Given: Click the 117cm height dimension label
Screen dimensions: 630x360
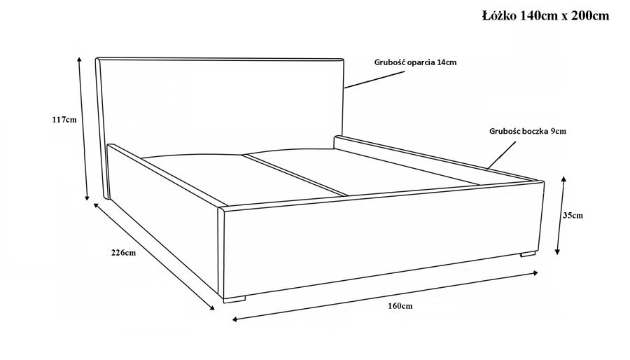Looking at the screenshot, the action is point(64,120).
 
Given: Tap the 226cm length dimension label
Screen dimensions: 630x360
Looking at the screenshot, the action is point(123,253).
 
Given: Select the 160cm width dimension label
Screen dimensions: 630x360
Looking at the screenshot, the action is point(400,306).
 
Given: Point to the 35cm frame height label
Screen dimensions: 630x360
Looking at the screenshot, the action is point(573,215).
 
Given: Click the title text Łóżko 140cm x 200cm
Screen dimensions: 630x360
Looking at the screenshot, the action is point(545,15).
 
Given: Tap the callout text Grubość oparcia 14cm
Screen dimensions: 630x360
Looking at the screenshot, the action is point(415,62).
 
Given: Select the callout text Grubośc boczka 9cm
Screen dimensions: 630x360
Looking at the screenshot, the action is point(528,131).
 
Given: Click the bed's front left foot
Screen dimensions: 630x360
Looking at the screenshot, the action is point(234,299).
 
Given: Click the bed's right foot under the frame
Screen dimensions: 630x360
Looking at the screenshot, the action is point(528,254).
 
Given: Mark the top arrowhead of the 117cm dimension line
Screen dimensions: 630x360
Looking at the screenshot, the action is point(80,59).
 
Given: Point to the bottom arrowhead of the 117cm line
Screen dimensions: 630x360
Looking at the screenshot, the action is point(87,198).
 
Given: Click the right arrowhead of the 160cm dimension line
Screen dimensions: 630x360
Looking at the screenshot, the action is point(535,273).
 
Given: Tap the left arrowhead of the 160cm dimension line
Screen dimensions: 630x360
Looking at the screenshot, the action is point(235,320).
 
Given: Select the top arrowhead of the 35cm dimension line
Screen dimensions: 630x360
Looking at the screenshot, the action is point(563,179).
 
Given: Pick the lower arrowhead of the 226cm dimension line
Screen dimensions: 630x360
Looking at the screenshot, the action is point(211,307).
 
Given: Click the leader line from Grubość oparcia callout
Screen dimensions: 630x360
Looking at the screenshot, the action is point(374,80).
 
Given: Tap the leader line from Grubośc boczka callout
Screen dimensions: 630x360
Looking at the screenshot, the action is point(502,155).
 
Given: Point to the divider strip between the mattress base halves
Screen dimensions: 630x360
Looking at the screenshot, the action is point(295,175).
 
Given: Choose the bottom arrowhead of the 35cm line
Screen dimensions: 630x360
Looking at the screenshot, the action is point(557,251).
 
